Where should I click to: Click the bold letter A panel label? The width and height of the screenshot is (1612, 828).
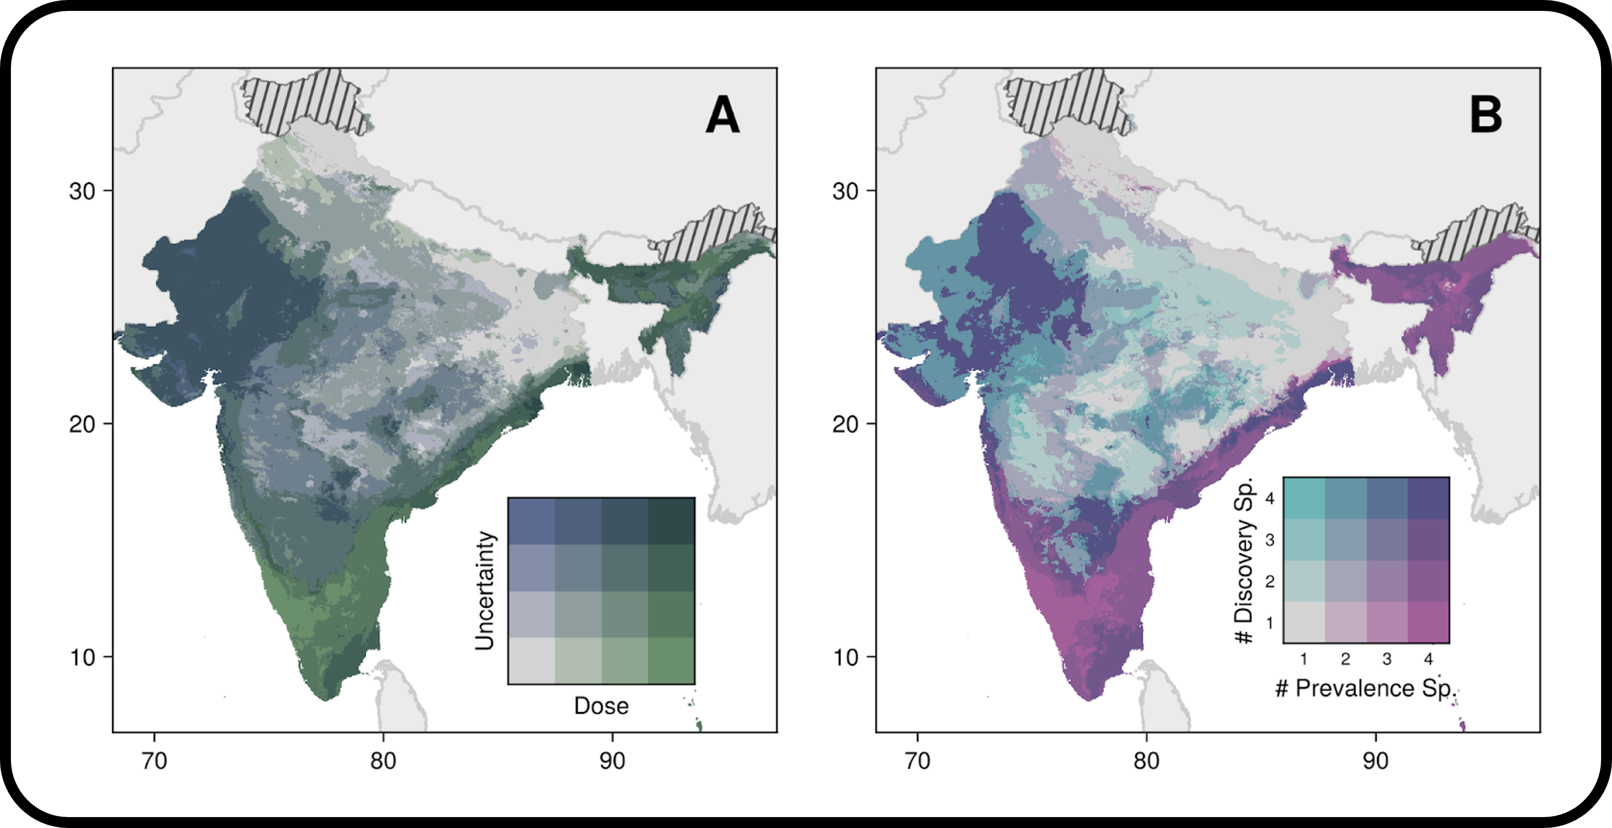click(723, 115)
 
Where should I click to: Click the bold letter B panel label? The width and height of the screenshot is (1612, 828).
click(1486, 115)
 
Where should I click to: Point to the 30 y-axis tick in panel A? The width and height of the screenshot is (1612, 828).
click(82, 191)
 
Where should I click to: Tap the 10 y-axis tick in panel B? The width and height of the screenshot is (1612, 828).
click(845, 658)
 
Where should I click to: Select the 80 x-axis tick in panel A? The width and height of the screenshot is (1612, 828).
click(383, 761)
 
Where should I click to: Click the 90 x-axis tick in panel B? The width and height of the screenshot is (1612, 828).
click(1376, 761)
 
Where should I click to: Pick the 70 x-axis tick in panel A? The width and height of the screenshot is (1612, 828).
click(154, 761)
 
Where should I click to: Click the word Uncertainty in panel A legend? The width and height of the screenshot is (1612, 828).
click(485, 591)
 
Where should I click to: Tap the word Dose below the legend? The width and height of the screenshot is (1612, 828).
click(601, 706)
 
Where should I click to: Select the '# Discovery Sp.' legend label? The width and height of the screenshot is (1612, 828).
click(1244, 560)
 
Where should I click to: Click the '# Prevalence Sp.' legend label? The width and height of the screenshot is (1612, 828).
click(1366, 688)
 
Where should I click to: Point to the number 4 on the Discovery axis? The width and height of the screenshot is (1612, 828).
click(1270, 499)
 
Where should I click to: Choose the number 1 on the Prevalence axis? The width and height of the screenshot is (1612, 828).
click(1303, 659)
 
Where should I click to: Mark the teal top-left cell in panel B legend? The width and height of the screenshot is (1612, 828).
click(1304, 498)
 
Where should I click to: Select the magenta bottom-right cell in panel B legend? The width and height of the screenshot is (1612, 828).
click(1429, 622)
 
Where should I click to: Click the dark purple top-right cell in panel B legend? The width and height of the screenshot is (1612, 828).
click(1429, 498)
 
